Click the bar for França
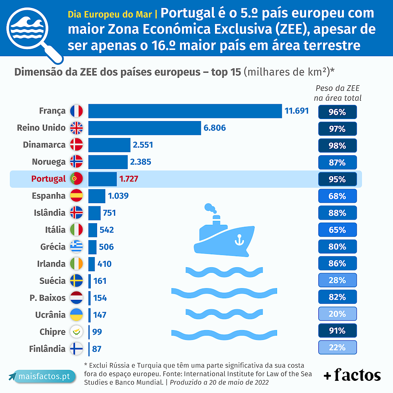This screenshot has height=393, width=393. [185, 111]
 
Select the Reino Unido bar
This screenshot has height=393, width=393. [145, 128]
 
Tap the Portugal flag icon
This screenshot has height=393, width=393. [76, 179]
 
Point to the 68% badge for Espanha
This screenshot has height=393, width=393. [337, 196]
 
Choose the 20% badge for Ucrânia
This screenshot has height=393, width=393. [337, 314]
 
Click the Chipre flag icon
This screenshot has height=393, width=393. [76, 332]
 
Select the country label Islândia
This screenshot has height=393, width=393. [50, 213]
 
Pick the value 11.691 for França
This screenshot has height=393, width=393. [297, 111]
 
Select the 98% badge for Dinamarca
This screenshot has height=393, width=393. [337, 145]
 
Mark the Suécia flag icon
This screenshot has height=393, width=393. [76, 281]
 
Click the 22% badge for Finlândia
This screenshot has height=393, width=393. [337, 347]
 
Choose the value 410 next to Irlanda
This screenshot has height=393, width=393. [105, 264]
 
